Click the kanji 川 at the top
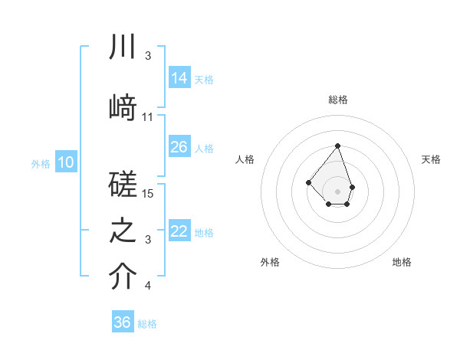tap(123, 47)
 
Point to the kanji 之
tap(123, 231)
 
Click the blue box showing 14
tap(179, 77)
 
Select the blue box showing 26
tap(179, 147)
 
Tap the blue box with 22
tap(179, 231)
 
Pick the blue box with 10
tap(66, 162)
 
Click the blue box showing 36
tap(123, 322)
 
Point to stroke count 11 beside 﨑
tap(148, 117)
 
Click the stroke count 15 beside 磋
tap(149, 194)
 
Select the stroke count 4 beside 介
tap(148, 286)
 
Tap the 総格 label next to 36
tap(147, 324)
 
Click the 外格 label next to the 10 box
tap(41, 163)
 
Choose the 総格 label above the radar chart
tap(338, 100)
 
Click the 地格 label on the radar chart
tap(402, 262)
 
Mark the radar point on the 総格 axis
tap(337, 145)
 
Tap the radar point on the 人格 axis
tap(308, 182)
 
